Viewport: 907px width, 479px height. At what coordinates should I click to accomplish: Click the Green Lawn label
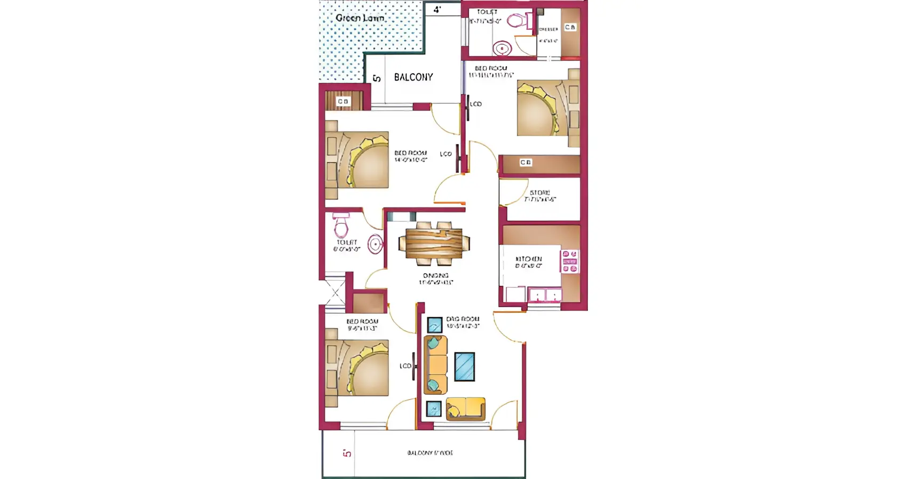(360, 18)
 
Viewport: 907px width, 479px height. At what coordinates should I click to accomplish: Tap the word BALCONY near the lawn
(413, 77)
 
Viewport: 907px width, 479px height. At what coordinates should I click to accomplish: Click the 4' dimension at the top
(437, 10)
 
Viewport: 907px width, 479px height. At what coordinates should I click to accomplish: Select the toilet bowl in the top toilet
(517, 21)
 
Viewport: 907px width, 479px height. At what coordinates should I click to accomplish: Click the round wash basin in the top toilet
(502, 49)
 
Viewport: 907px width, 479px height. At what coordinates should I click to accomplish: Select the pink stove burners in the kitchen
(569, 261)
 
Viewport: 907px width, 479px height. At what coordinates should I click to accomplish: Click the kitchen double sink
(545, 295)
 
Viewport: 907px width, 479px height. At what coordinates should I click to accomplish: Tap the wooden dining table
(434, 244)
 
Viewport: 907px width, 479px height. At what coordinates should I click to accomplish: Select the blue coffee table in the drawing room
(464, 366)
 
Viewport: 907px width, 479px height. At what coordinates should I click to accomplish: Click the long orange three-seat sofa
(436, 365)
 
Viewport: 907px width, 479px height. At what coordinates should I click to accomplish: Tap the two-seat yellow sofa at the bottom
(466, 409)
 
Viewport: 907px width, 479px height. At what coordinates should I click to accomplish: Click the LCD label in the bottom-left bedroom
(405, 366)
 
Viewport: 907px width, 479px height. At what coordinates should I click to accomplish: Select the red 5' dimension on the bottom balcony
(347, 453)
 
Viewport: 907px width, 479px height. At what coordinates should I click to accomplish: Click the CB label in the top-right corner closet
(570, 27)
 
